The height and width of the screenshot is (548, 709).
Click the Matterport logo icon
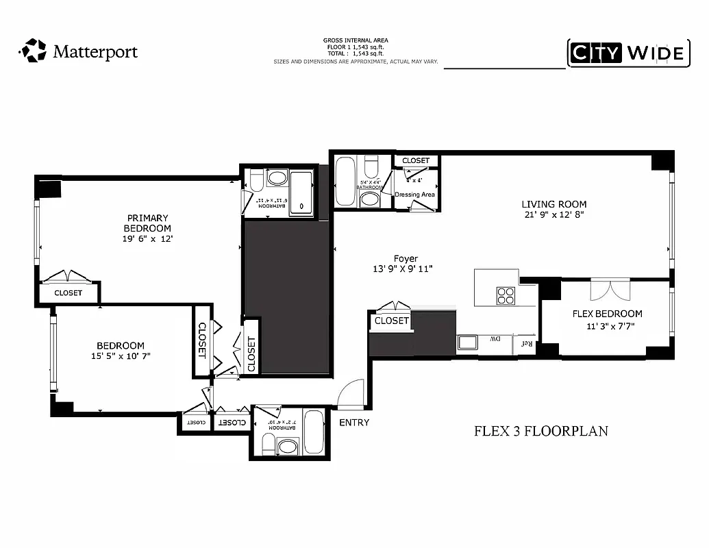coord(32,51)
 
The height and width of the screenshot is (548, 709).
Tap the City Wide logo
coord(627,53)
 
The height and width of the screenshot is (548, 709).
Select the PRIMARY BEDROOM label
coord(147,223)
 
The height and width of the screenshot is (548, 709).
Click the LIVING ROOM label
coord(553,204)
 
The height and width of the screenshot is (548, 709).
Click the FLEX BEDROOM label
coord(607,314)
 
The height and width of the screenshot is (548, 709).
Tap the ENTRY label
coord(354,423)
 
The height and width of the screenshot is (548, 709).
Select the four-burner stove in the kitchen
coord(506,296)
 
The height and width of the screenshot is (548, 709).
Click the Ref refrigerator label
coord(526,342)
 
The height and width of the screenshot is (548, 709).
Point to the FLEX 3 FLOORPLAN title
coord(541,432)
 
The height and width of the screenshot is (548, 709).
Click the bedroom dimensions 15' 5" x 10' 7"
coord(120,356)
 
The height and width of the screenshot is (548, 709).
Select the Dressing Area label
coord(414,195)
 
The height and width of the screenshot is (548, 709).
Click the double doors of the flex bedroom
coord(610,288)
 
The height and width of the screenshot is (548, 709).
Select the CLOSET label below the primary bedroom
coord(68,293)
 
